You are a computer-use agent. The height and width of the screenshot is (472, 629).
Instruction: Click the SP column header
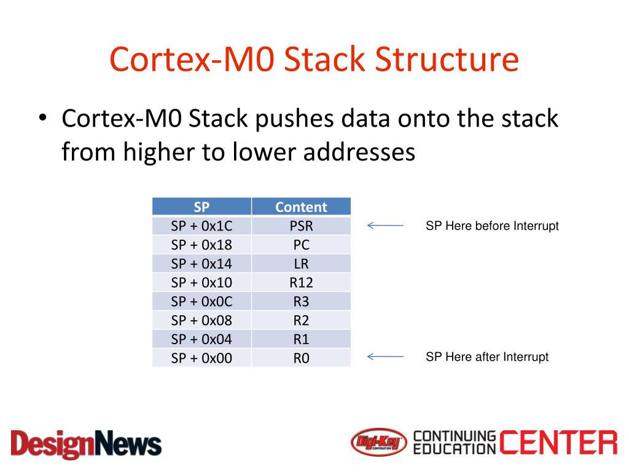(201, 207)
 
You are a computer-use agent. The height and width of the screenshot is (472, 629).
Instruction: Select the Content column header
(301, 207)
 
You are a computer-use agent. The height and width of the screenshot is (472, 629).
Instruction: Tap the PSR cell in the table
(301, 226)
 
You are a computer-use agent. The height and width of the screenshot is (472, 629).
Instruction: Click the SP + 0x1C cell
(201, 226)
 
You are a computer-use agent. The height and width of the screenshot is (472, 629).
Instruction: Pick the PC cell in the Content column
(301, 245)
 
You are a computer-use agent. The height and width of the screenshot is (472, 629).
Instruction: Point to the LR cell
(301, 264)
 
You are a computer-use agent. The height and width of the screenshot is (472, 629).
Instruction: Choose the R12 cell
(301, 283)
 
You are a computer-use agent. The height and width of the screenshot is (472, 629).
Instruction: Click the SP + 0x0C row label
(201, 302)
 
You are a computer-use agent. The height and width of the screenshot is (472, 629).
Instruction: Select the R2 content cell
(301, 320)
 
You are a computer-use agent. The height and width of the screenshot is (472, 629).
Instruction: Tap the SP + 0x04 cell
(201, 339)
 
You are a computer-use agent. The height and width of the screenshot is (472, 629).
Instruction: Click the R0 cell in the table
(301, 358)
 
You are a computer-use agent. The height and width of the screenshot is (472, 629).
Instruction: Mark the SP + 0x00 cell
(201, 358)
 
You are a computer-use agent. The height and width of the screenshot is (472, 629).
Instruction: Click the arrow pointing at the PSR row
(385, 226)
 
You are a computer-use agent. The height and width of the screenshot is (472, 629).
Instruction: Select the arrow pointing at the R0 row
(385, 356)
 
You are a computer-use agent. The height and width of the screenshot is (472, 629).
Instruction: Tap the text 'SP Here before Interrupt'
(492, 226)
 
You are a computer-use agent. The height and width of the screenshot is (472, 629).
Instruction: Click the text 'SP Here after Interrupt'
(487, 357)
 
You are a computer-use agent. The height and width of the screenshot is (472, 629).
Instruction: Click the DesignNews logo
(86, 443)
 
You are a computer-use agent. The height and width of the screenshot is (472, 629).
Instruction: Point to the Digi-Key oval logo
(379, 442)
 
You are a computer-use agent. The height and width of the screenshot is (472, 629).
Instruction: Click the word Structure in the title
(447, 60)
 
